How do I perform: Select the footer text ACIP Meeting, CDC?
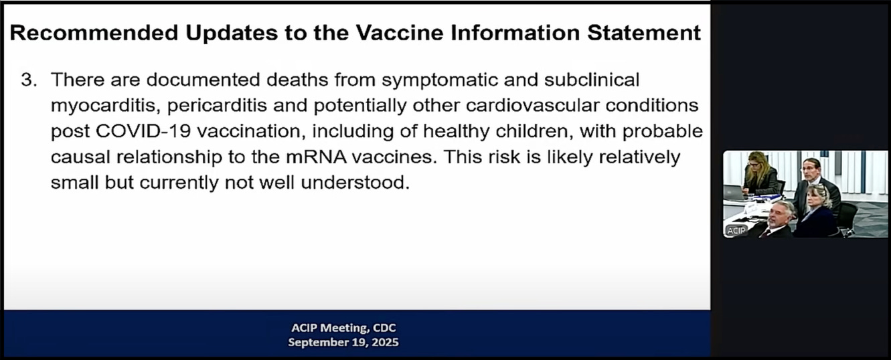pos(343,328)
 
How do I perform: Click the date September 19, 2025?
pos(343,342)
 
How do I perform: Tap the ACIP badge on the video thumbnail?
pos(735,231)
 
